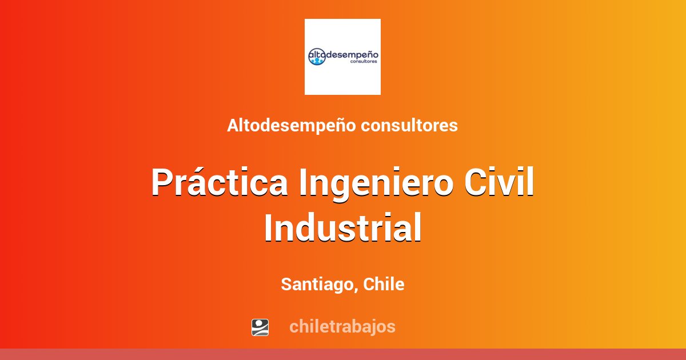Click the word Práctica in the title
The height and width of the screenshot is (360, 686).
(220, 182)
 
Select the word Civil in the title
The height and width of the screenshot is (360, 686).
(499, 182)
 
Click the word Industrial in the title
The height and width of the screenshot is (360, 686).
(342, 228)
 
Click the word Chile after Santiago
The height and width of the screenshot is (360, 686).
(384, 284)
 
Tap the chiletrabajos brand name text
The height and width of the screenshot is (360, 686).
(342, 327)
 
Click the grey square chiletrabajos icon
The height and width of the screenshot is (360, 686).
(260, 327)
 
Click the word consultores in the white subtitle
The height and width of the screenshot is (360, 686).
(409, 126)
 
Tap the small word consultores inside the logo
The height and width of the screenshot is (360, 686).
(364, 61)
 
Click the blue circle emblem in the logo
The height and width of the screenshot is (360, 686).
(317, 57)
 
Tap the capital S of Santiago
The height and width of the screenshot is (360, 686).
(287, 284)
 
